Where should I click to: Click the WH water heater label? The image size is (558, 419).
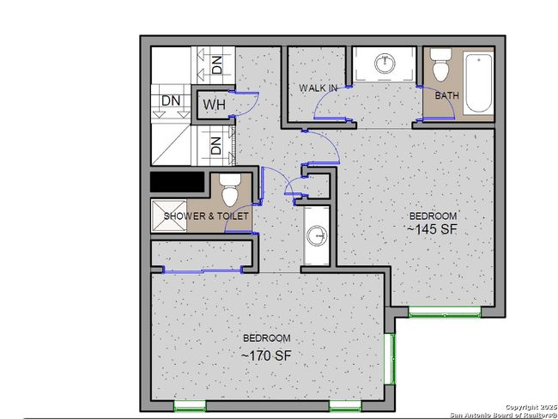pyautogui.click(x=215, y=105)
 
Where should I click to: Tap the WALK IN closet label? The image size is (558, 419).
pyautogui.click(x=318, y=88)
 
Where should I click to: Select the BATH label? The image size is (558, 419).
pyautogui.click(x=447, y=95)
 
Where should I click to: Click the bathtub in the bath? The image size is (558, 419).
pyautogui.click(x=479, y=82)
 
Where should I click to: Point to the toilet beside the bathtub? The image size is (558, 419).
pyautogui.click(x=441, y=64)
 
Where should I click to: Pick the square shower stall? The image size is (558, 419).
pyautogui.click(x=169, y=216)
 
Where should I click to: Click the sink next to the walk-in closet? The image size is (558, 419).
pyautogui.click(x=385, y=64)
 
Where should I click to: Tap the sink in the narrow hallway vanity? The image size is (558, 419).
pyautogui.click(x=317, y=235)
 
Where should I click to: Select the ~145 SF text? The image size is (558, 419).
pyautogui.click(x=432, y=229)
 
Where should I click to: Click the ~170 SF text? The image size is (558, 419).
pyautogui.click(x=266, y=355)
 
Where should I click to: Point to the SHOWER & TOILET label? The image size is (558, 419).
pyautogui.click(x=206, y=216)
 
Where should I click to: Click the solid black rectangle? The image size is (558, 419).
pyautogui.click(x=177, y=182)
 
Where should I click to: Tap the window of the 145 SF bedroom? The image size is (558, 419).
pyautogui.click(x=445, y=313)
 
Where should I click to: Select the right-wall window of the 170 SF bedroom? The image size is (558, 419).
pyautogui.click(x=390, y=359)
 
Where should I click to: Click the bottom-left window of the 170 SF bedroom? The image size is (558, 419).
pyautogui.click(x=190, y=406)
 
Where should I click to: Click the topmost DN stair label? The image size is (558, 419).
pyautogui.click(x=216, y=64)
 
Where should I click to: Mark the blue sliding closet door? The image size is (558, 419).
pyautogui.click(x=203, y=271)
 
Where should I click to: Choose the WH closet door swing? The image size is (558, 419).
pyautogui.click(x=246, y=104)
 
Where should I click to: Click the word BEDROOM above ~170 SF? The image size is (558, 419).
pyautogui.click(x=266, y=338)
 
